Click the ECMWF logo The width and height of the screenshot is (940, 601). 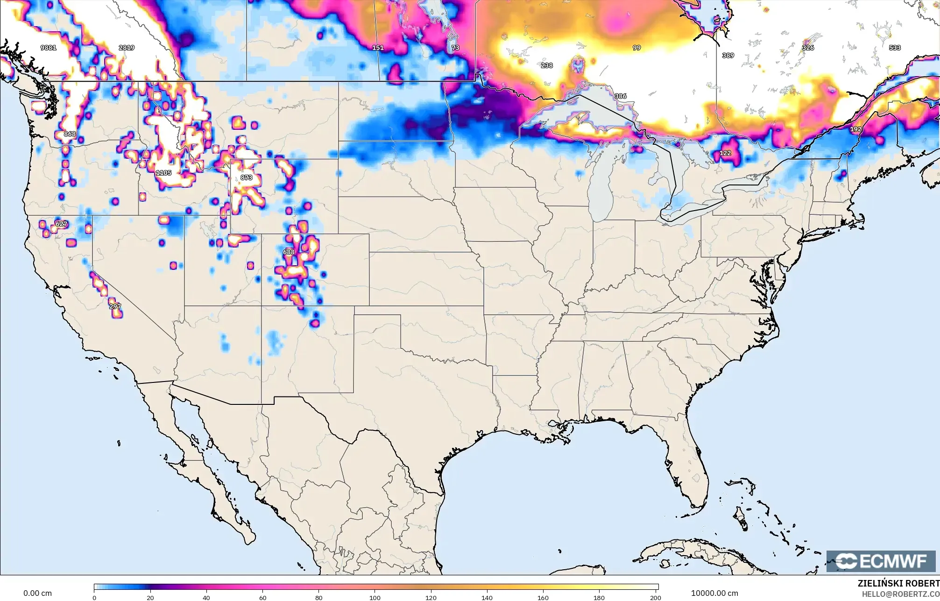[x=881, y=561]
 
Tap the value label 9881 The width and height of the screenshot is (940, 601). [x=49, y=48]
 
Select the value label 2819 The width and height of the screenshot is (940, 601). [x=127, y=48]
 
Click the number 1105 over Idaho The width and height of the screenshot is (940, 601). [x=163, y=173]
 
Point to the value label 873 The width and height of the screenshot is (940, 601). [x=247, y=178]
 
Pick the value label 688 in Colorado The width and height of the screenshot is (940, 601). [x=289, y=252]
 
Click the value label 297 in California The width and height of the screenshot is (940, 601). [x=115, y=306]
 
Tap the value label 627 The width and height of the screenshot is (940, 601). [x=61, y=224]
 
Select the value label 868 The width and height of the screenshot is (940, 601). [x=70, y=134]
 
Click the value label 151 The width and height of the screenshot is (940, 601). [x=378, y=48]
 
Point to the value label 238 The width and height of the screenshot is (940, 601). [x=547, y=65]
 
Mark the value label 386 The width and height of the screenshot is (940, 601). [x=621, y=96]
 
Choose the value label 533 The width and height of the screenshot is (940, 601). [x=895, y=48]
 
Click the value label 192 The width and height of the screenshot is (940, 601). [x=855, y=129]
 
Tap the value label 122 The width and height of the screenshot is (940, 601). [x=725, y=153]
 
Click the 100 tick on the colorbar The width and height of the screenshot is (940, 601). [x=375, y=597]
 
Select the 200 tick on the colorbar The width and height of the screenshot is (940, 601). [x=655, y=597]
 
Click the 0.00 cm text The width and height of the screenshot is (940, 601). [x=38, y=593]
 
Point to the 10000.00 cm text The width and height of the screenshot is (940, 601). [x=714, y=593]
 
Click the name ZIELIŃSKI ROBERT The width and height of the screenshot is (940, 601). [x=898, y=583]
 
